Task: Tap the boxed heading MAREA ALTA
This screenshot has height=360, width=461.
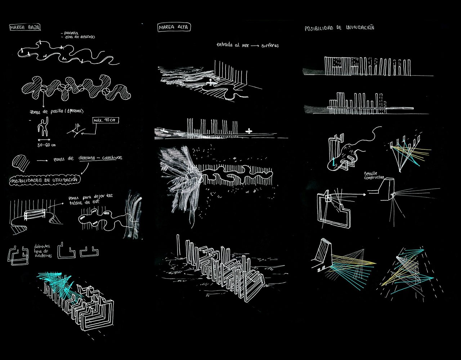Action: click(174, 27)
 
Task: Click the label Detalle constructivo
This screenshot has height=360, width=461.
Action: click(374, 176)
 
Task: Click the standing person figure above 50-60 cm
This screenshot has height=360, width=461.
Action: click(43, 127)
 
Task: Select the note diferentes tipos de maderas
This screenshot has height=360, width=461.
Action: click(43, 251)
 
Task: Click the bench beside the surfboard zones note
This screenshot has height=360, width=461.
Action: click(34, 215)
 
